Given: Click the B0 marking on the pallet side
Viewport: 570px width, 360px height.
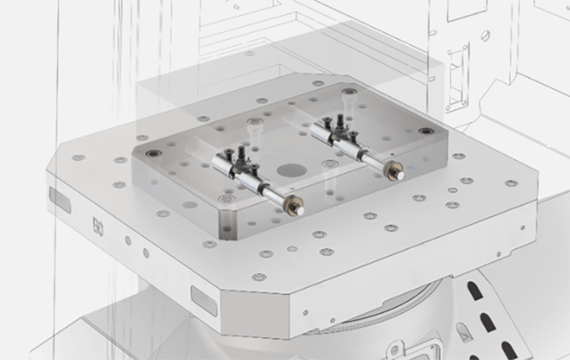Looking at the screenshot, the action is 98,227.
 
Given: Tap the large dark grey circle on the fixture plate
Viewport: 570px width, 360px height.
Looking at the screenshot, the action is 291,170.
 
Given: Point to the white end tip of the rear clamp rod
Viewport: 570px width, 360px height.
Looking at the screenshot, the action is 400,175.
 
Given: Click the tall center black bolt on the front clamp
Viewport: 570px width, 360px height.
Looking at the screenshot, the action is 241,155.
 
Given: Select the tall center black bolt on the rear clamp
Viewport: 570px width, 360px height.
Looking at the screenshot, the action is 341,122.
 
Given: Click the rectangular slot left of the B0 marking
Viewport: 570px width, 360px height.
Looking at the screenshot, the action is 60,200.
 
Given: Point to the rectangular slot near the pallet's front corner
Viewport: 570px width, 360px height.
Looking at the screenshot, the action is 204,300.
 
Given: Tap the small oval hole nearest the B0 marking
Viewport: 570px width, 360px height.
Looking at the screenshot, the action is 128,240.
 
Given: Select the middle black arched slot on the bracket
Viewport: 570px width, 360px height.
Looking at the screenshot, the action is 488,322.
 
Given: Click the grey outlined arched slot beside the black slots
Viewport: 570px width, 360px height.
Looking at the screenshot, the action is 465,331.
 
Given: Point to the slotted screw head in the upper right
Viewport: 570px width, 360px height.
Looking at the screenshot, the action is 486,35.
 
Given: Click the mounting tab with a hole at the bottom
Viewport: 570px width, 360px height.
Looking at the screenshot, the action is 395,349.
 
